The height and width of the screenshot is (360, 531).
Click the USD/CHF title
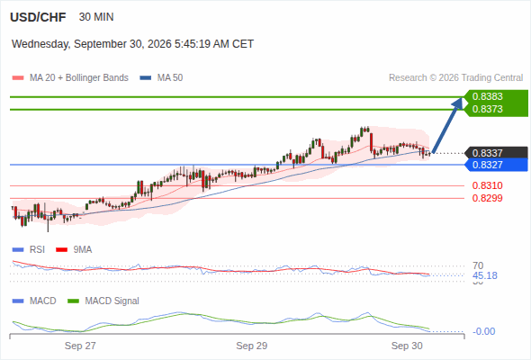point(38,17)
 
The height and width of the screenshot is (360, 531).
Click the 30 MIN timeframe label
point(96,17)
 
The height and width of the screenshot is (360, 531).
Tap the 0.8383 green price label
point(487,96)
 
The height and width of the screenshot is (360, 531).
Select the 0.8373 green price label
point(487,109)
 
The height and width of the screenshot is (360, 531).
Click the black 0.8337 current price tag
point(487,153)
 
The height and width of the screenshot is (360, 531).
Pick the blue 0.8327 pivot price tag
point(487,165)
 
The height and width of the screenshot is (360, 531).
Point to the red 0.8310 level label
point(487,185)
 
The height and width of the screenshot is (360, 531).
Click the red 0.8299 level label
point(487,198)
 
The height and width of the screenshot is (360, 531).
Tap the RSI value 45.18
point(485,275)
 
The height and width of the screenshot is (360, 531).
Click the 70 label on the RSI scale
point(478,265)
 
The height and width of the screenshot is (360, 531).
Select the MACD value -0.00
point(483,331)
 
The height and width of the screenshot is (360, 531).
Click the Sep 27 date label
point(80,346)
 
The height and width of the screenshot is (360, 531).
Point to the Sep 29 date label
point(252,346)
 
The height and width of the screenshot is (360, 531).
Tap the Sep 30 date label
point(407,346)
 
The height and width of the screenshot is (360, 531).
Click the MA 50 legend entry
point(161,78)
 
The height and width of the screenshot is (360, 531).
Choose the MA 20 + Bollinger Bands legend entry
point(70,78)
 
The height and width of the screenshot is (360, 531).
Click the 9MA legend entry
point(74,250)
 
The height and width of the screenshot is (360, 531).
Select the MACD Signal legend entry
point(103,301)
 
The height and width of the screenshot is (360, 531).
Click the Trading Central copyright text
point(455,78)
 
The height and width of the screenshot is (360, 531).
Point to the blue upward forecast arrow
point(447,125)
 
